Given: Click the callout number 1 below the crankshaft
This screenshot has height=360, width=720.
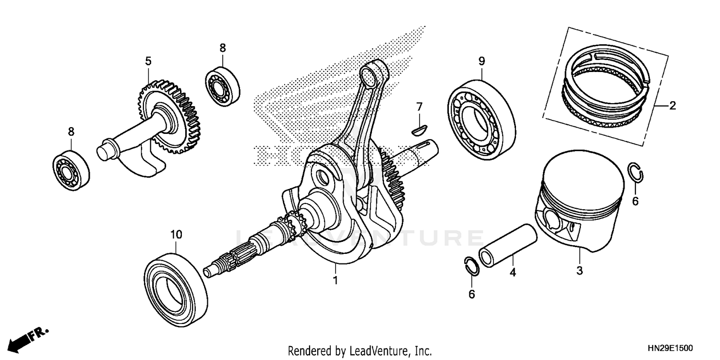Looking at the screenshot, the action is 336,280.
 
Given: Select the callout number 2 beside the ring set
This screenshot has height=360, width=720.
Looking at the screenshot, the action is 672,106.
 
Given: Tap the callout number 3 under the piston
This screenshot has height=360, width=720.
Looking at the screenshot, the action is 579,270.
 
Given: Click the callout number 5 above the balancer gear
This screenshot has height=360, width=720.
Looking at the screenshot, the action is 148,61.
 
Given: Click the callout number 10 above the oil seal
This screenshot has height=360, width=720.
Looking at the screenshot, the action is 176,235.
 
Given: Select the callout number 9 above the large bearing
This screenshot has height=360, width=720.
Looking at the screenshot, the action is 481,61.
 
